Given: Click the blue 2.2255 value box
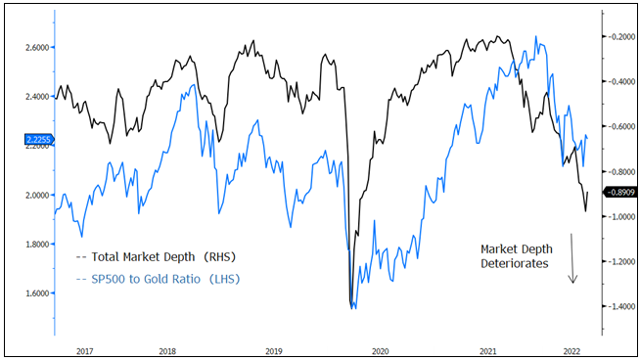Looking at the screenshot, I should click(x=25, y=141).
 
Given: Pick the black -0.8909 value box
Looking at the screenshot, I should click(x=618, y=193).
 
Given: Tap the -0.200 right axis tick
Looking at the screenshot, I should click(x=618, y=37).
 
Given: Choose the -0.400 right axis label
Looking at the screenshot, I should click(x=618, y=82).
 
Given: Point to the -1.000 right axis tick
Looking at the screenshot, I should click(x=618, y=217).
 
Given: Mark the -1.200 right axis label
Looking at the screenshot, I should click(x=618, y=262).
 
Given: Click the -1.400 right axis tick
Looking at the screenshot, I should click(x=618, y=307).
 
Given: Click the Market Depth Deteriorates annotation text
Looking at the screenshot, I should click(x=514, y=255).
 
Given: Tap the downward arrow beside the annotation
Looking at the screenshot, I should click(x=573, y=258).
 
